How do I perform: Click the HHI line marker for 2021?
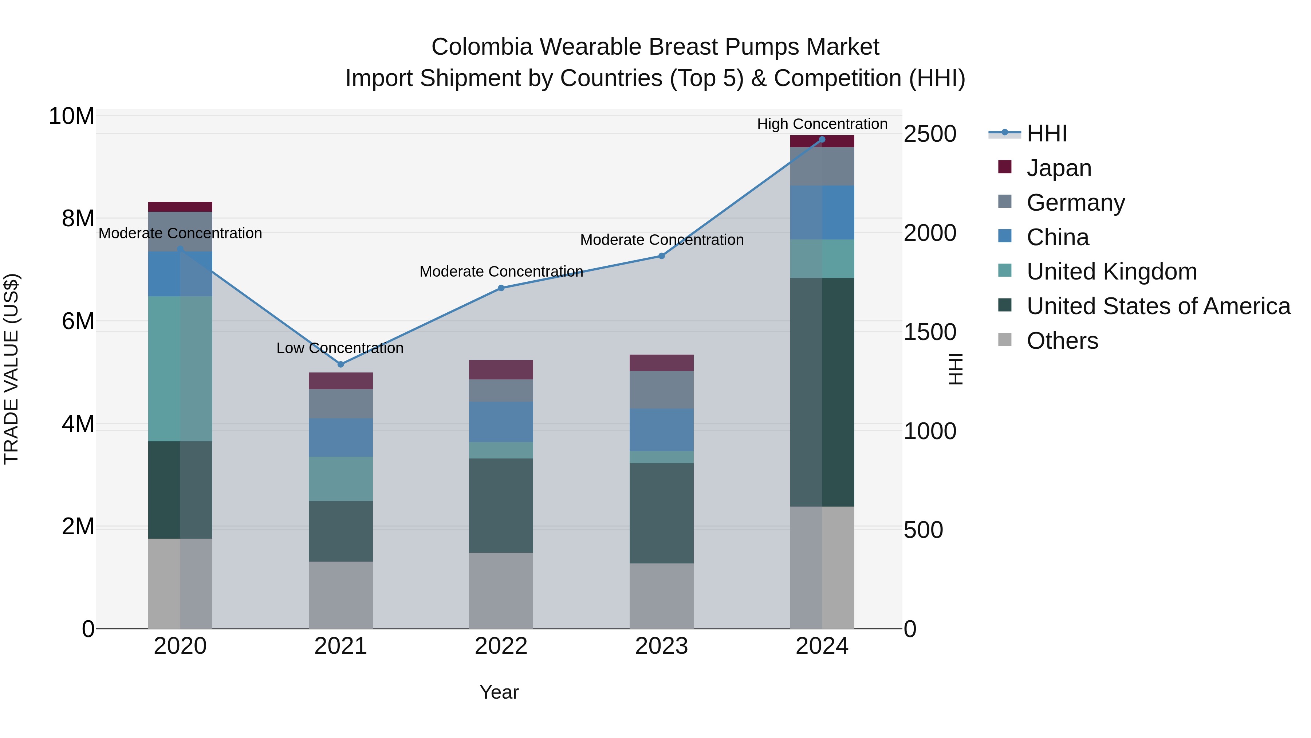340,364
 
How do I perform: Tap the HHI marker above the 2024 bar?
822,140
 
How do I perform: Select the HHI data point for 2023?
662,256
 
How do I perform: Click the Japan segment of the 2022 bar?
501,370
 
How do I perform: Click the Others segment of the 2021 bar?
340,594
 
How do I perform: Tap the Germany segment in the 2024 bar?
822,167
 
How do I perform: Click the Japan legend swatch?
1005,167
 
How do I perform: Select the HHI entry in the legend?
1046,133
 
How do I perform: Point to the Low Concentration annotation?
340,348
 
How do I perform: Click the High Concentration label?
822,124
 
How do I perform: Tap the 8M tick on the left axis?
78,219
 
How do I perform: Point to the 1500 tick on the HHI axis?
930,332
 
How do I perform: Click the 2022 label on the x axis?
501,646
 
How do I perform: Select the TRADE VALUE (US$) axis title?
11,369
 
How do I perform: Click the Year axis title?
499,692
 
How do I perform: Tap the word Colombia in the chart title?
481,47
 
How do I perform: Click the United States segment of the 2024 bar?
822,392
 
